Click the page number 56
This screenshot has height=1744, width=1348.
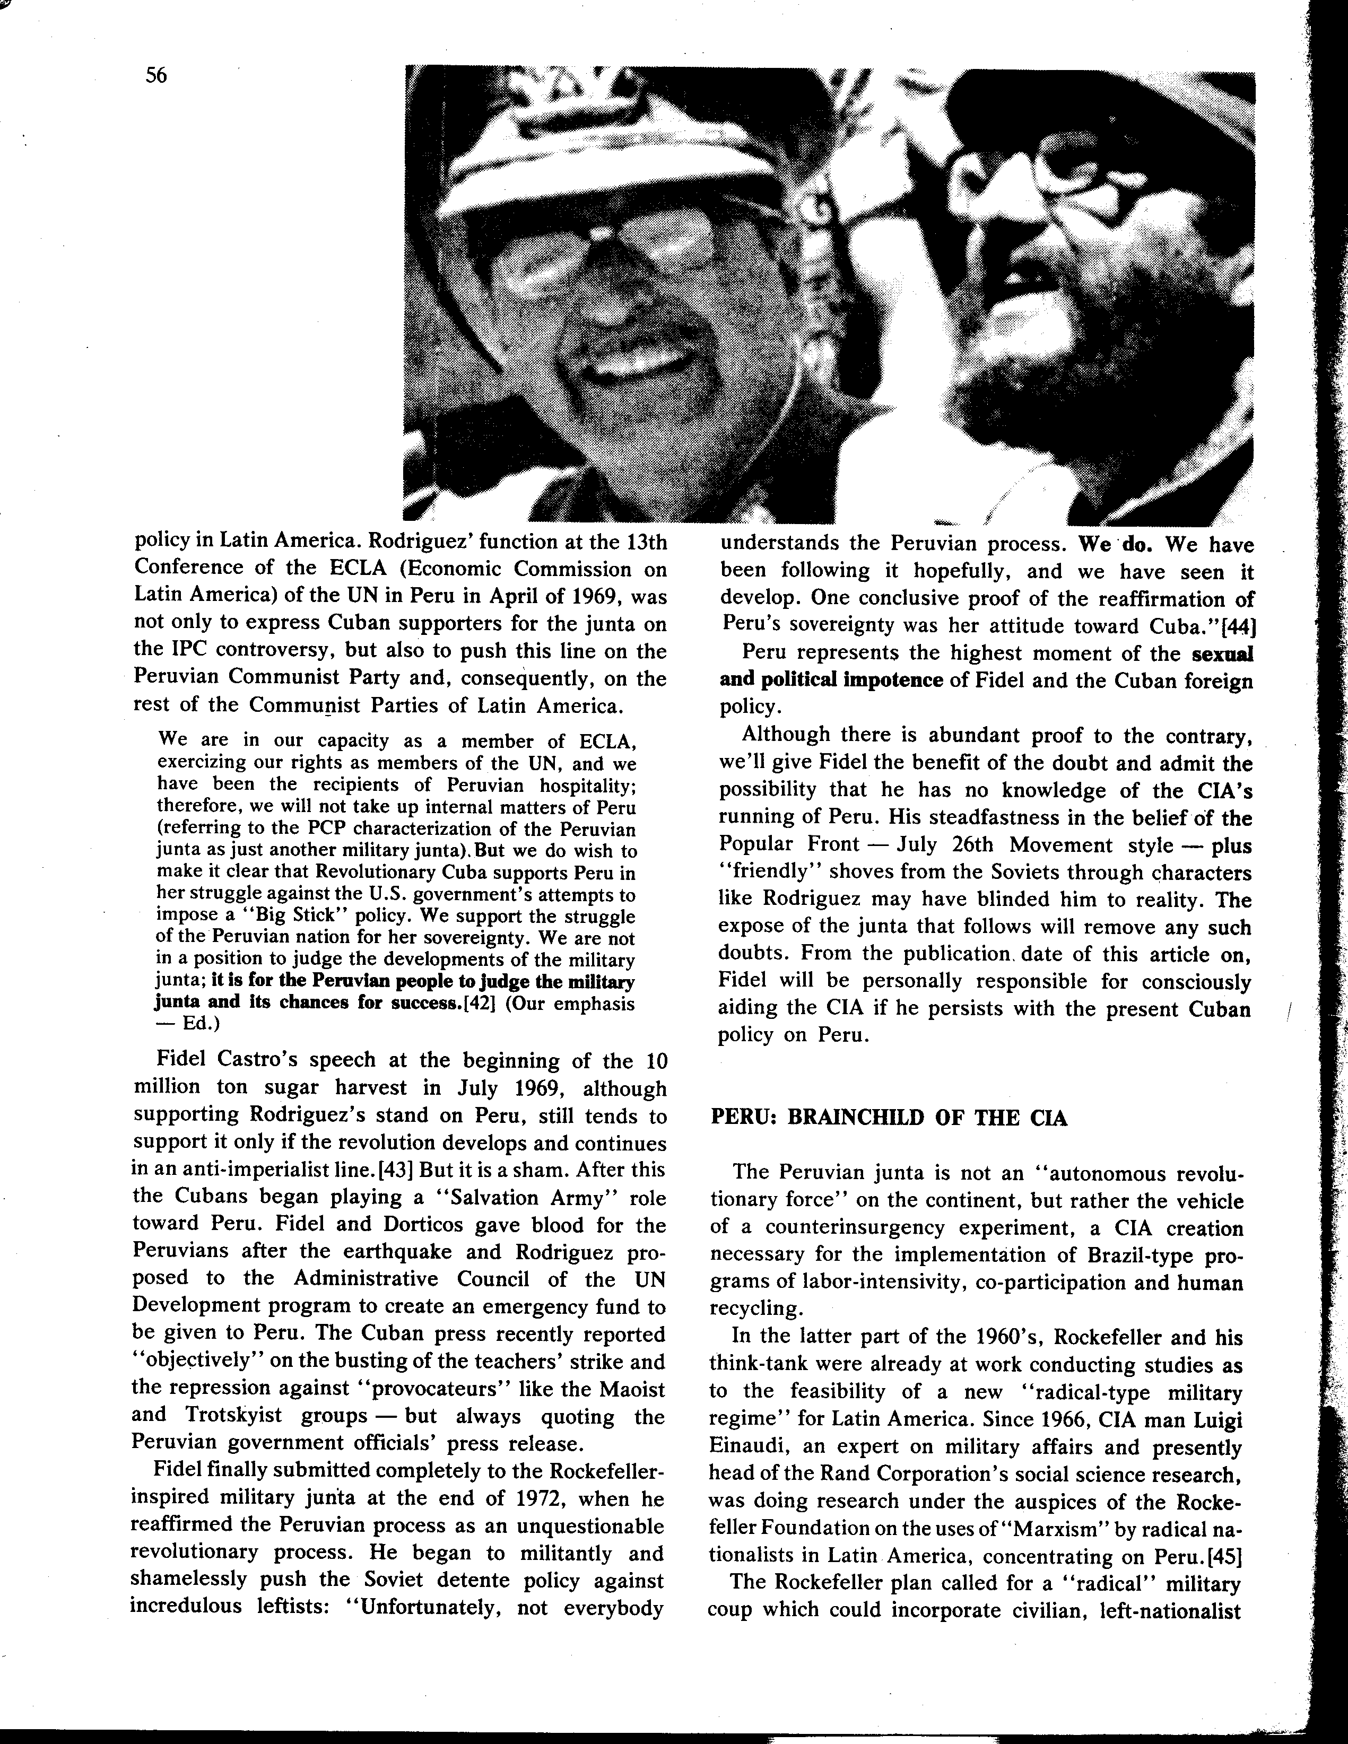(x=156, y=76)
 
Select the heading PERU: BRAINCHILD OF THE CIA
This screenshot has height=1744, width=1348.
(x=888, y=1117)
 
